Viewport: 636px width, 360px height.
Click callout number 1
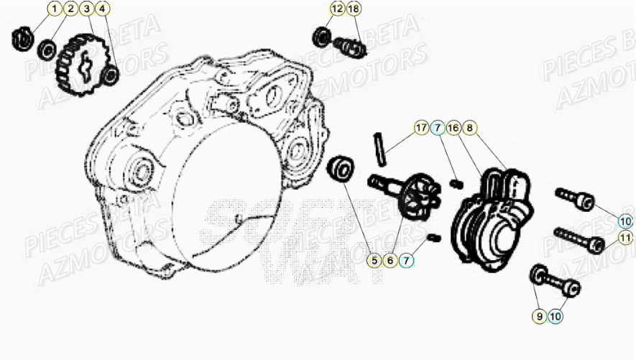tap(55, 9)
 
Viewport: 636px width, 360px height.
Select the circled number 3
tap(86, 9)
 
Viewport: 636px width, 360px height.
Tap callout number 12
tap(337, 9)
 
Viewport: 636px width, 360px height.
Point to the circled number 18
tap(353, 9)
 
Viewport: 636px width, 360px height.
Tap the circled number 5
tap(374, 260)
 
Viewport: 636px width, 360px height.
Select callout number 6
tap(390, 260)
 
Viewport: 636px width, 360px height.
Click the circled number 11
tap(625, 238)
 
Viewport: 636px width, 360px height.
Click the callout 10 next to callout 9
tap(555, 314)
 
